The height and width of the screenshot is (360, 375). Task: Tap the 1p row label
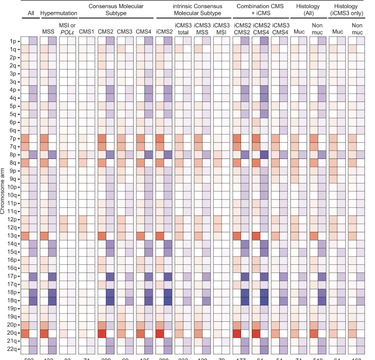pyautogui.click(x=11, y=40)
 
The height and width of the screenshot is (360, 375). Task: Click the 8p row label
pyautogui.click(x=11, y=154)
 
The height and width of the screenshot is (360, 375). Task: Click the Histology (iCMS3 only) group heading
pyautogui.click(x=346, y=10)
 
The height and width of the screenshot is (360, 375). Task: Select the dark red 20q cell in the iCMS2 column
pyautogui.click(x=159, y=333)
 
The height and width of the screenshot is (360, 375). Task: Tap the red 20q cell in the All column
pyautogui.click(x=25, y=333)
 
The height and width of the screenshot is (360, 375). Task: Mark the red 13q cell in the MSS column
pyautogui.click(x=44, y=235)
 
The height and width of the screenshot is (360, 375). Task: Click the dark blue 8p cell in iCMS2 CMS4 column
pyautogui.click(x=265, y=154)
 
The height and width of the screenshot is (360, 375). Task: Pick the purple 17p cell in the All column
pyautogui.click(x=33, y=276)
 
